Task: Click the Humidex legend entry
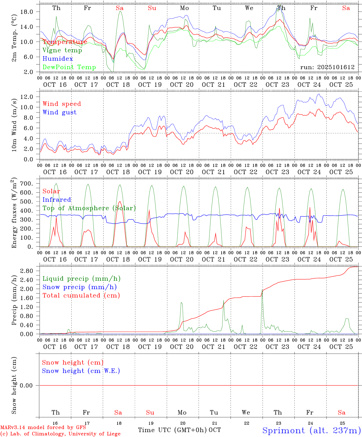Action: click(58, 59)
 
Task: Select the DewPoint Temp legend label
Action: click(69, 67)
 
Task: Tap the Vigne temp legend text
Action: click(62, 50)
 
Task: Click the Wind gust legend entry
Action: click(59, 112)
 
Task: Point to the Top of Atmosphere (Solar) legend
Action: click(89, 208)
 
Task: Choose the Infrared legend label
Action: click(57, 200)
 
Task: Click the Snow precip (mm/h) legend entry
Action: click(79, 287)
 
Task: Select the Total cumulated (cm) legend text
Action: click(81, 296)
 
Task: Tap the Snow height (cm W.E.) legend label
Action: click(81, 371)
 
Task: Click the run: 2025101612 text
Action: click(327, 67)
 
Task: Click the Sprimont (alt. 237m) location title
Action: click(311, 430)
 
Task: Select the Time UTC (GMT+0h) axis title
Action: click(172, 430)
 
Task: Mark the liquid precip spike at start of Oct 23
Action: click(262, 290)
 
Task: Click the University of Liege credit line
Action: click(60, 434)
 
